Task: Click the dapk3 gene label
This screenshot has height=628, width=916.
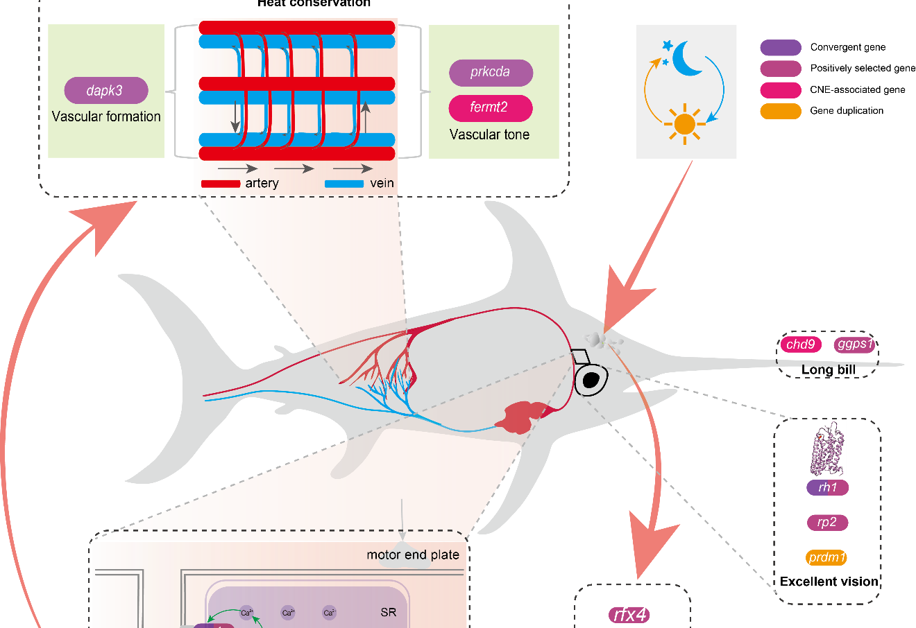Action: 105,91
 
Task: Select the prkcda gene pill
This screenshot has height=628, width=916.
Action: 491,72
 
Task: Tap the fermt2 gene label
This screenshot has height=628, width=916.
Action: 491,107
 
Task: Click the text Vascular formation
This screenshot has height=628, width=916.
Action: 106,116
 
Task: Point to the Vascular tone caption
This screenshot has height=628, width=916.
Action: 489,134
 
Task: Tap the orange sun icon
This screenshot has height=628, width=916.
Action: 684,125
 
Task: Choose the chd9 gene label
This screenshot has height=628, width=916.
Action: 801,344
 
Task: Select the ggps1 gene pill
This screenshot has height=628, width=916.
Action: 855,344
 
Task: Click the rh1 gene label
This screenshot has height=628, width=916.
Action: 827,487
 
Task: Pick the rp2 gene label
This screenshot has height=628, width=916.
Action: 827,522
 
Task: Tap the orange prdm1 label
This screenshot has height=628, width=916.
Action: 826,557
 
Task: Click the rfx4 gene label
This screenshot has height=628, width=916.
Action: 630,615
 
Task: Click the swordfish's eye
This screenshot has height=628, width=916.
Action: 591,379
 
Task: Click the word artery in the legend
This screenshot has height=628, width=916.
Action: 262,183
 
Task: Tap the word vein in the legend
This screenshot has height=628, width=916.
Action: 382,183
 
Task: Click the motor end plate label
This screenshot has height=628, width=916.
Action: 413,555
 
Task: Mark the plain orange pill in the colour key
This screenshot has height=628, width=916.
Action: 781,111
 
